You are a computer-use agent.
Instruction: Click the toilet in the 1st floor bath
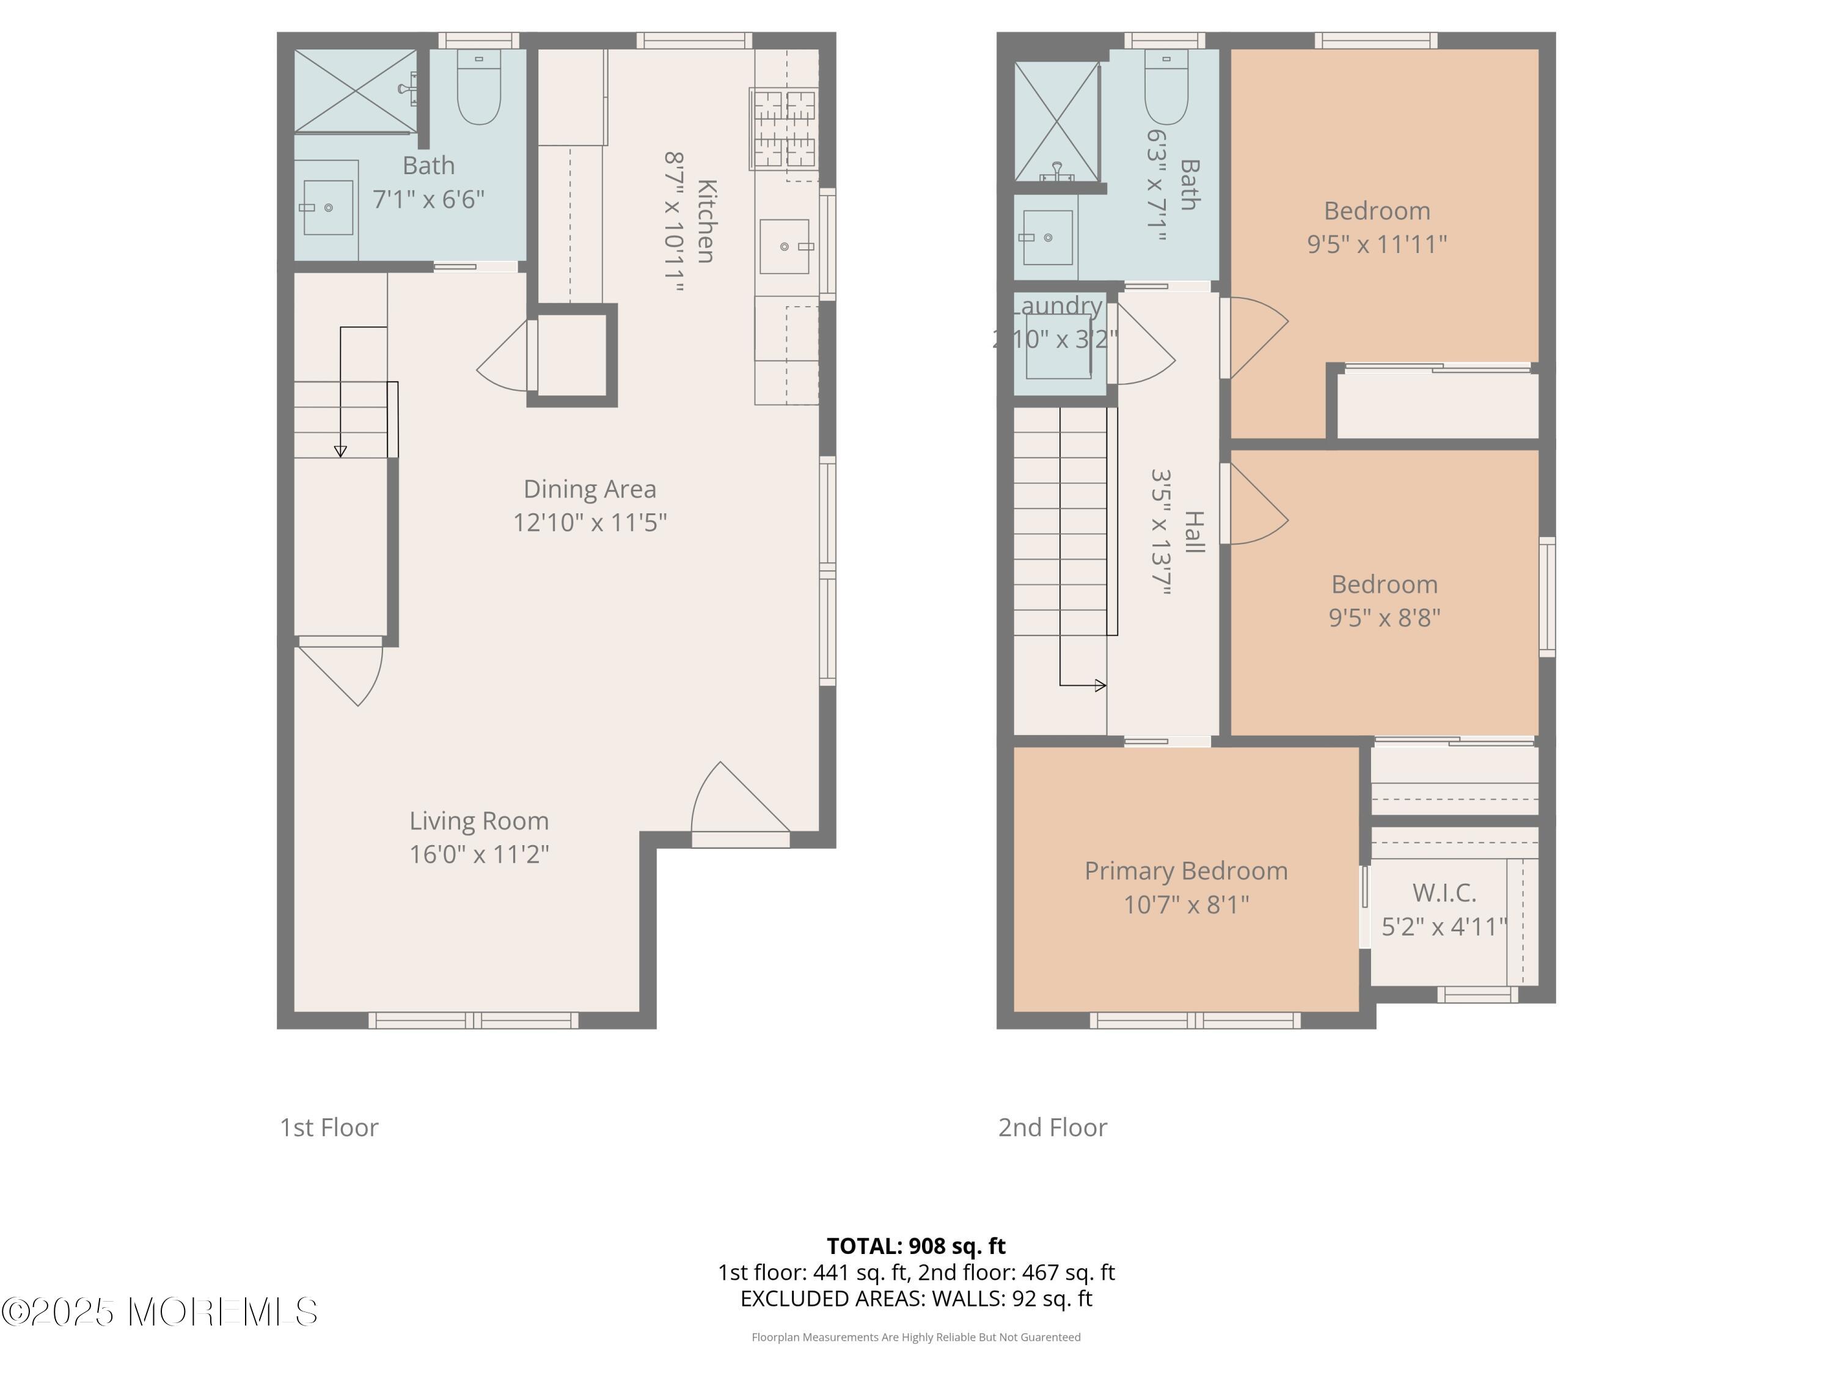(x=478, y=89)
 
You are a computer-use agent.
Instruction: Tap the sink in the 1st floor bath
(x=328, y=207)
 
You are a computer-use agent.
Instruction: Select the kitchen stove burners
(x=784, y=128)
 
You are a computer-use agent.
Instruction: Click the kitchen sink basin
(x=784, y=246)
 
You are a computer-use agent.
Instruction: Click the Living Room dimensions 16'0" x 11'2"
(x=479, y=854)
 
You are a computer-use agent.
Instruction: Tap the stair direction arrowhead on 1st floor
(x=340, y=451)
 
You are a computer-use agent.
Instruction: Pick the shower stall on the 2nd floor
(x=1056, y=121)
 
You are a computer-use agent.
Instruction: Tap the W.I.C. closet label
(x=1444, y=893)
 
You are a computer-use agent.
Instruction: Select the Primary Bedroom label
(x=1186, y=871)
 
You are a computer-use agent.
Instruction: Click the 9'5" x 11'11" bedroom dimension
(x=1377, y=244)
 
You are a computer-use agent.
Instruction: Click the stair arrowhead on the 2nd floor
(x=1100, y=686)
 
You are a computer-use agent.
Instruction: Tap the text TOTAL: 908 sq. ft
(x=916, y=1245)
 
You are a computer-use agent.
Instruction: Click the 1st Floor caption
(x=329, y=1127)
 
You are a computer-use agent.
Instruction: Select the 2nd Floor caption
(x=1052, y=1127)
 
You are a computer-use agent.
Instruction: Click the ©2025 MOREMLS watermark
(x=159, y=1312)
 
